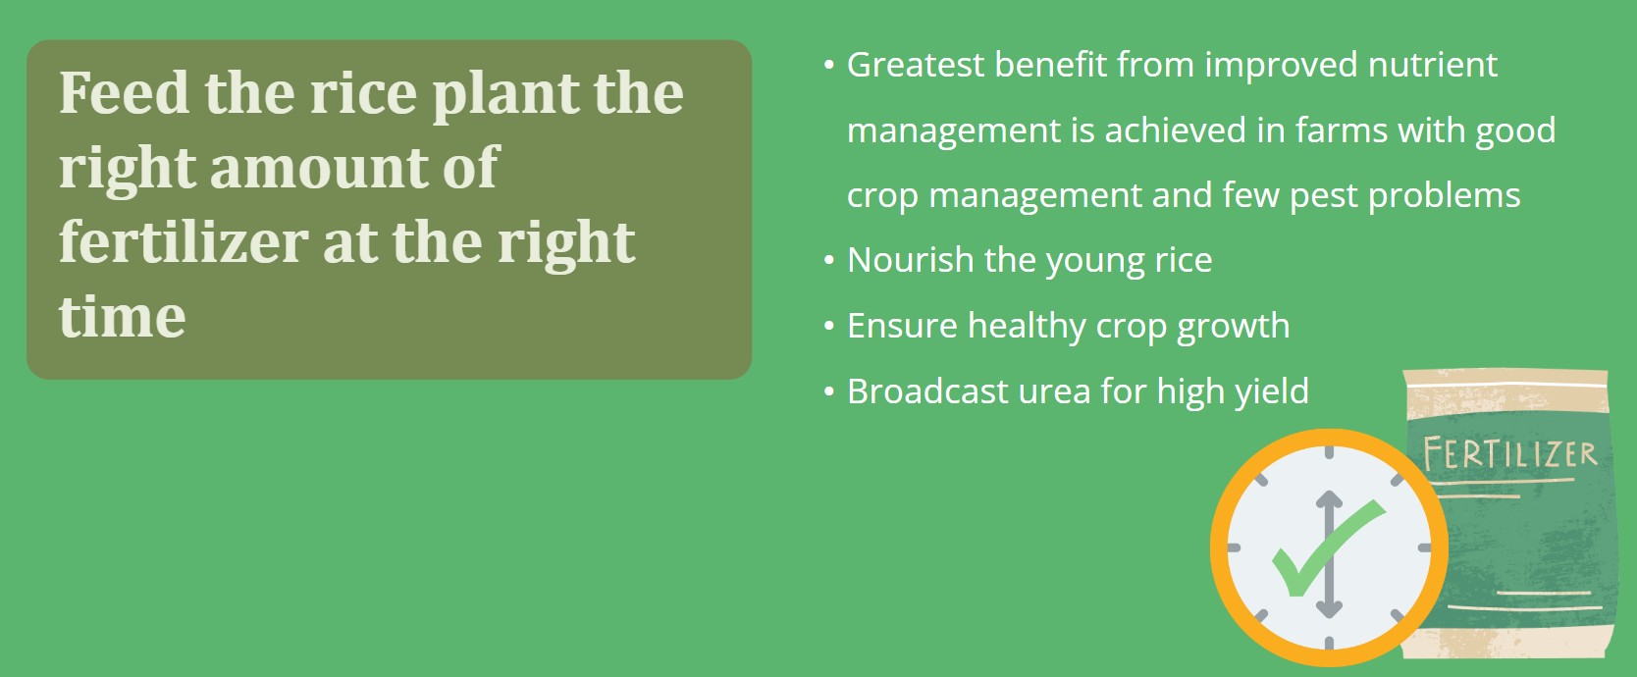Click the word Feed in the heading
124,93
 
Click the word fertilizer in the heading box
184,242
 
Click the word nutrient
1433,65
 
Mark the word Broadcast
926,391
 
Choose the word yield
1272,392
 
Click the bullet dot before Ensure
828,326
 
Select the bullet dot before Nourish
828,260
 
